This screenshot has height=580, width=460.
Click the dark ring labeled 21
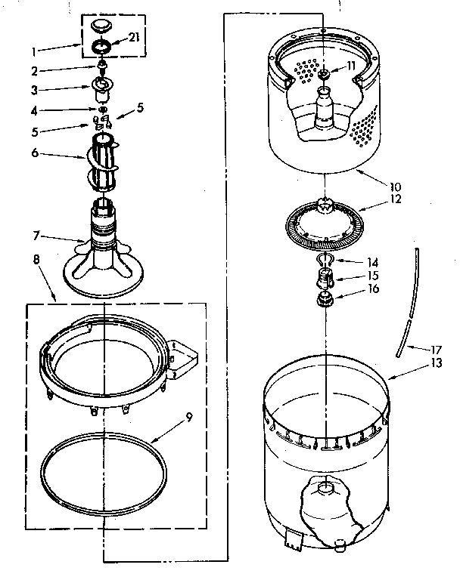click(x=101, y=48)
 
